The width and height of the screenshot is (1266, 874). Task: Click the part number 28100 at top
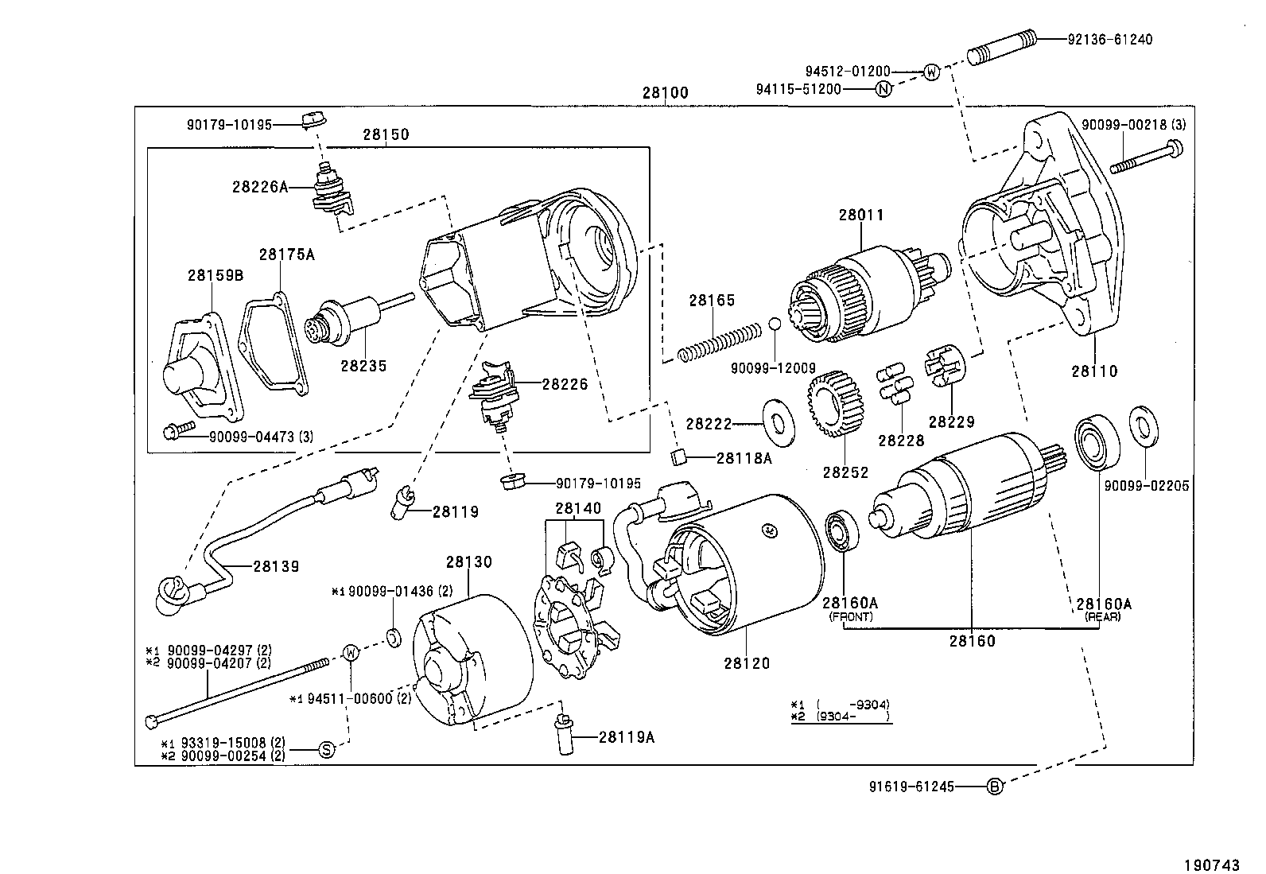coord(665,93)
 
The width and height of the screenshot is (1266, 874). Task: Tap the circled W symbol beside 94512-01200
coord(931,72)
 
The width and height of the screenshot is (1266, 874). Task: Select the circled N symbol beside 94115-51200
coord(883,89)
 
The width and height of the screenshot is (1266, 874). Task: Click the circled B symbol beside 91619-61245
coord(995,787)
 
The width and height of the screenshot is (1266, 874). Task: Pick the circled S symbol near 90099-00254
coord(326,748)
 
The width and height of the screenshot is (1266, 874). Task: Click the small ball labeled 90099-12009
coord(775,324)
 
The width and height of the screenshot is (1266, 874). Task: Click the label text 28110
coord(1093,371)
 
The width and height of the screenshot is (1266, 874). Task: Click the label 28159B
coord(215,276)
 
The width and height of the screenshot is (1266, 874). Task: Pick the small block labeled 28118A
coord(678,456)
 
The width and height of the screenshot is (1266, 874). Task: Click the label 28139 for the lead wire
coord(276,566)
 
